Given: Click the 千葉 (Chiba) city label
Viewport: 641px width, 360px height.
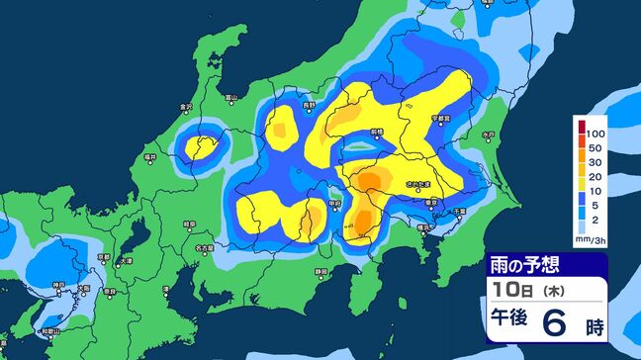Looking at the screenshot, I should [x=459, y=211].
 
